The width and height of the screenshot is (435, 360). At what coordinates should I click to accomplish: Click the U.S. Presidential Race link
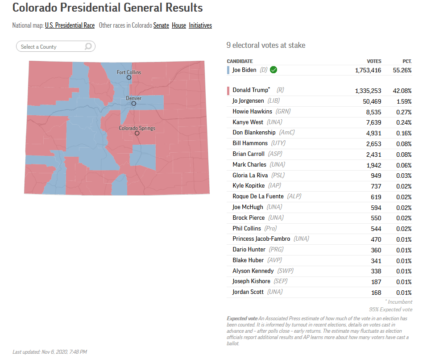[x=70, y=25]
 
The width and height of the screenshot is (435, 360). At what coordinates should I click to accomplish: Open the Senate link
[x=161, y=25]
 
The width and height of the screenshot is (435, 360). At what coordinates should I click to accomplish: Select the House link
[x=179, y=25]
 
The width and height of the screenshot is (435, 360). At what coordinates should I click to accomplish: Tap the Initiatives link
[x=200, y=25]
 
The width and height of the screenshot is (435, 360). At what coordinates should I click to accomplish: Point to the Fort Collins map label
[x=129, y=72]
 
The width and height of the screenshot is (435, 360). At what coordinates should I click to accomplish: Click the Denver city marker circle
[x=133, y=104]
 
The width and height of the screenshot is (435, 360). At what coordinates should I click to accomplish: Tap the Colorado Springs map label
[x=137, y=128]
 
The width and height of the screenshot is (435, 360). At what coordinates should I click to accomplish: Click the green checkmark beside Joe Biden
[x=273, y=70]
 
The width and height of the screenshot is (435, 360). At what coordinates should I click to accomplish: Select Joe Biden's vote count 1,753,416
[x=368, y=70]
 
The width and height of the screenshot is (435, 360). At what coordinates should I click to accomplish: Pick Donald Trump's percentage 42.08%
[x=402, y=91]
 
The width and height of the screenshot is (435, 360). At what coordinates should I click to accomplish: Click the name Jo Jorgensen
[x=248, y=101]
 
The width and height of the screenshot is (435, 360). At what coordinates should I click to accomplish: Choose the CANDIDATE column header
[x=240, y=61]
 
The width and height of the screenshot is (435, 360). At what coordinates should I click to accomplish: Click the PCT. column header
[x=406, y=61]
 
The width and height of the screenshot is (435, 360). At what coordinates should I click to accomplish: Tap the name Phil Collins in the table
[x=247, y=228]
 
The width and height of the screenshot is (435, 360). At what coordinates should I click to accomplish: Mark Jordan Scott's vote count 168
[x=376, y=293]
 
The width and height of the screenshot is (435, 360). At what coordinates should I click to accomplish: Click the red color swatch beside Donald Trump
[x=228, y=91]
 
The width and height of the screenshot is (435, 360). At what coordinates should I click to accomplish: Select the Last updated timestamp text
[x=50, y=352]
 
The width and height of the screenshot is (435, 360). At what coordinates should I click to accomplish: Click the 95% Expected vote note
[x=390, y=310]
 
